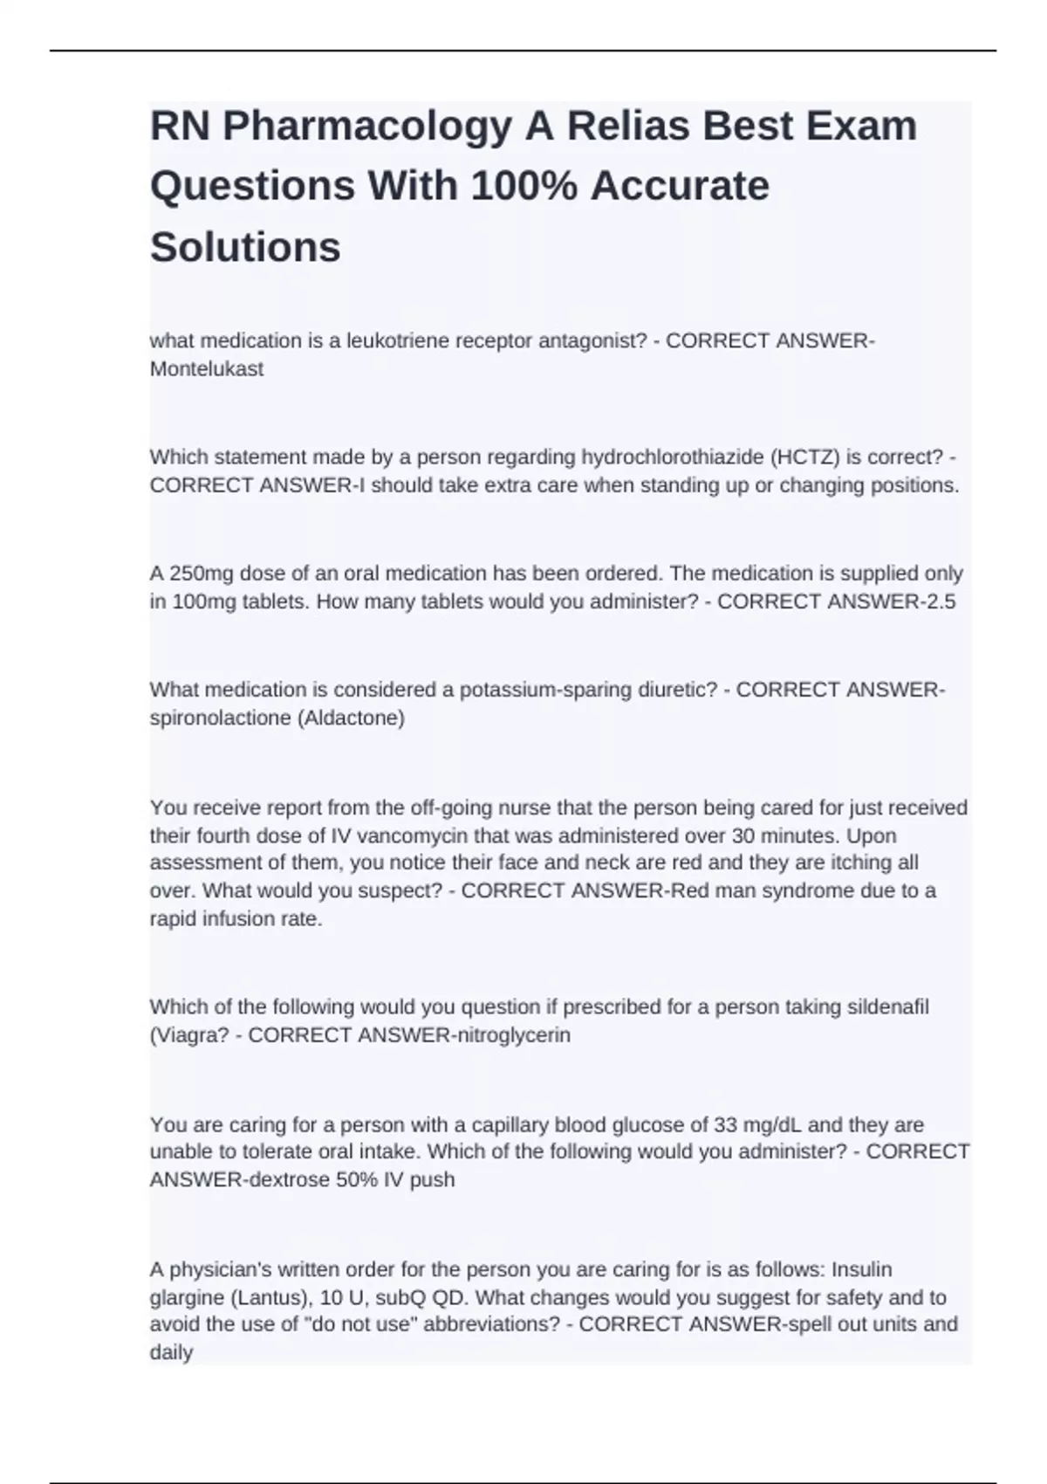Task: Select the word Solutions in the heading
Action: [245, 247]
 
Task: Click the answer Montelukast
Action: [207, 369]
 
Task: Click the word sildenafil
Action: [888, 1007]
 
